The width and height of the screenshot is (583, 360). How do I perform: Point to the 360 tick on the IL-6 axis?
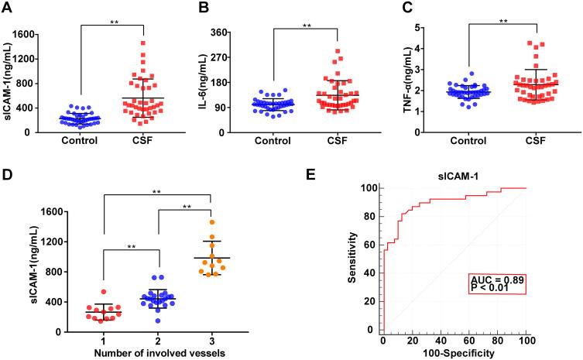point(231,35)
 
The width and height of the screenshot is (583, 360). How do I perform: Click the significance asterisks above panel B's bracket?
point(307,26)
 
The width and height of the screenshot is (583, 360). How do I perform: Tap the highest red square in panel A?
point(143,43)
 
